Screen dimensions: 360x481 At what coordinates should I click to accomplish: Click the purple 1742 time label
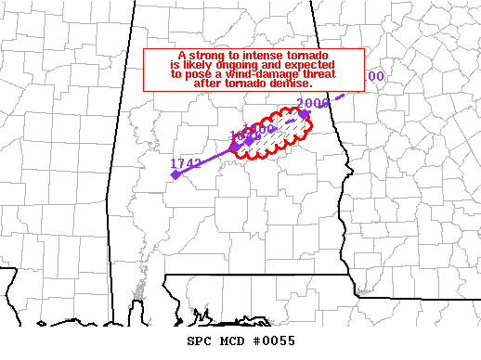click(x=186, y=163)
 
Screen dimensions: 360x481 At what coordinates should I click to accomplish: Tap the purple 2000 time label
click(x=314, y=103)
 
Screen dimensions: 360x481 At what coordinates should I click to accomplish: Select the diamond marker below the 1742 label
click(x=174, y=174)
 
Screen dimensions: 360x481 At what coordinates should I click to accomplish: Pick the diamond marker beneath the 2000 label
click(x=305, y=114)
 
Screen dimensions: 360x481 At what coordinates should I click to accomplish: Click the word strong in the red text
click(x=210, y=57)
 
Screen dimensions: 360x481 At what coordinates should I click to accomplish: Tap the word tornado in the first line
click(x=317, y=57)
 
